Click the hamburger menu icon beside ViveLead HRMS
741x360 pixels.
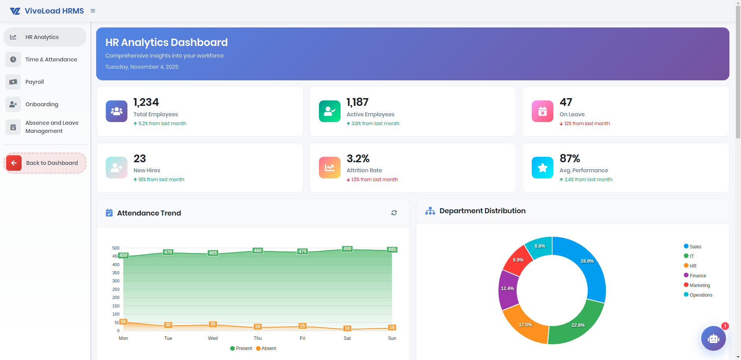point(93,11)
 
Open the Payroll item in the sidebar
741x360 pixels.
point(35,82)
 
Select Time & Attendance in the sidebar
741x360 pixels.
point(51,59)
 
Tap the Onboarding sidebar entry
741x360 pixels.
point(42,104)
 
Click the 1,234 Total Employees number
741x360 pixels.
point(146,102)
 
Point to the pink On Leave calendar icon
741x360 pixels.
point(542,111)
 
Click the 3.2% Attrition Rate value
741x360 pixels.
point(358,159)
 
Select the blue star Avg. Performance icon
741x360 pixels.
point(542,168)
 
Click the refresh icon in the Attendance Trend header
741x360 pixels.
point(394,213)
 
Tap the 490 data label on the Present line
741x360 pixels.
point(347,249)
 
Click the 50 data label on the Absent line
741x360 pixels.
point(123,322)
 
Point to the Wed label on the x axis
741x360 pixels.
point(213,338)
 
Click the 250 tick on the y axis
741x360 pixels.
point(116,289)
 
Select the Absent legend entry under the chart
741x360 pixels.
point(266,348)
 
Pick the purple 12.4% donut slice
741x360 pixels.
point(507,289)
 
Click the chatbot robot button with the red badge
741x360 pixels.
point(713,338)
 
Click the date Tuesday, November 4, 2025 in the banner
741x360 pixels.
point(142,67)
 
